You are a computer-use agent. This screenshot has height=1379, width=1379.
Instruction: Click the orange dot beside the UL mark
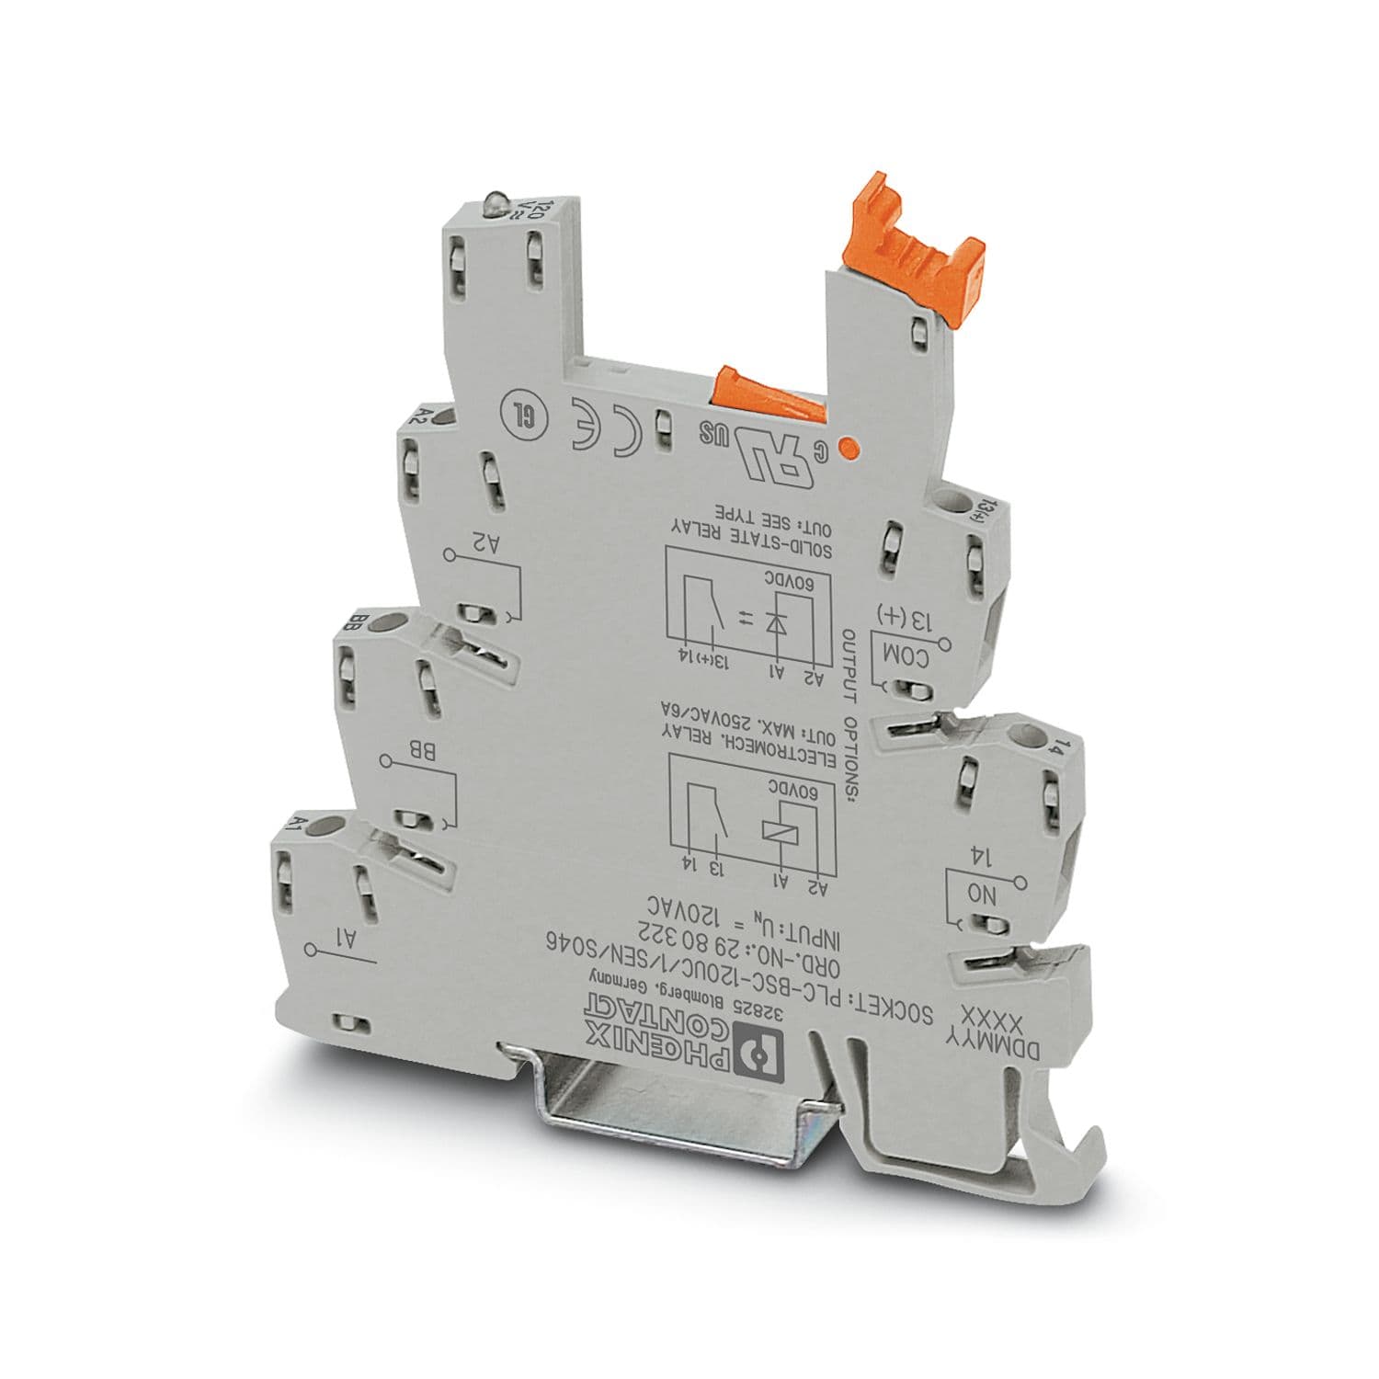[850, 449]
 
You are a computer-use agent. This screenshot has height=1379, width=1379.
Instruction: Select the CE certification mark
[609, 425]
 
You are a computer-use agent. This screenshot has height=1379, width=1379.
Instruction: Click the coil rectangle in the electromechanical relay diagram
[777, 827]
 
